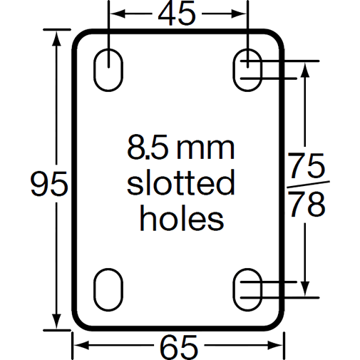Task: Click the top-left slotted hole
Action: point(108,68)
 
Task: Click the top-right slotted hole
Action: point(247,68)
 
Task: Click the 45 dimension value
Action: point(178,14)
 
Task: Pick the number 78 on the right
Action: point(308,205)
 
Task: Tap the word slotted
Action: point(180,183)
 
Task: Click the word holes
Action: point(180,217)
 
